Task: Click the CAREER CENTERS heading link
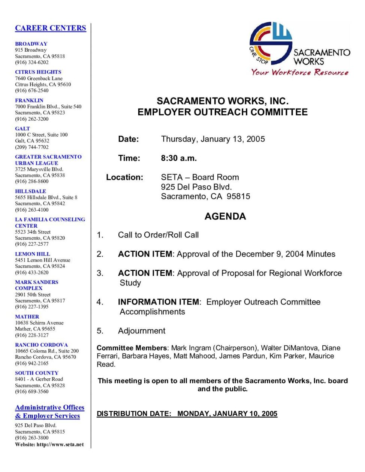[x=51, y=28]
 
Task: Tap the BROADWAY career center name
[x=31, y=44]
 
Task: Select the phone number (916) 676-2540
[x=32, y=90]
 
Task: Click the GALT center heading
[x=22, y=128]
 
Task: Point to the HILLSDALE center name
[x=30, y=191]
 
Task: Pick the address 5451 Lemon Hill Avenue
[x=43, y=260]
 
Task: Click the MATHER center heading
[x=27, y=317]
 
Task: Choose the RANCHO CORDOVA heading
[x=42, y=345]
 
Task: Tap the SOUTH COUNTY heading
[x=37, y=373]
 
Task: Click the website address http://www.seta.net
[x=60, y=445]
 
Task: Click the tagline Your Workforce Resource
[x=300, y=72]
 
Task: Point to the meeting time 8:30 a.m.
[x=179, y=158]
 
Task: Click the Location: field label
[x=124, y=177]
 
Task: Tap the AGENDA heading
[x=225, y=216]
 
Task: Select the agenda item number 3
[x=100, y=273]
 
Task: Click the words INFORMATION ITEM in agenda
[x=159, y=302]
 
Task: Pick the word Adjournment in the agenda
[x=142, y=331]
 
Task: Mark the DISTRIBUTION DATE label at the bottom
[x=134, y=414]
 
